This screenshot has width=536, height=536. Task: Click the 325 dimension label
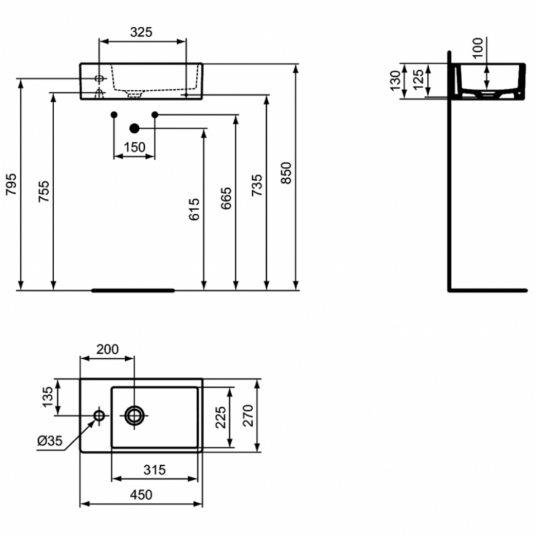tap(141, 32)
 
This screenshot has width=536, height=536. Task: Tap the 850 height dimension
tap(286, 173)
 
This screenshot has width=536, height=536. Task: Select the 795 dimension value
tap(12, 185)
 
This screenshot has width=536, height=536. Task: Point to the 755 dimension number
tap(44, 191)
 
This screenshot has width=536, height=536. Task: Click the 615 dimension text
tap(194, 209)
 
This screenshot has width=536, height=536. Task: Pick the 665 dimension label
tap(226, 198)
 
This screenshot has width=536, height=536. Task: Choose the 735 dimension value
tap(257, 185)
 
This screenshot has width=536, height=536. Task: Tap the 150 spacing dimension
tap(135, 147)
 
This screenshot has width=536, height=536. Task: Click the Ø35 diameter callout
tap(50, 441)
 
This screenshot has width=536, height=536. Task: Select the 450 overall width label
tap(141, 495)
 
